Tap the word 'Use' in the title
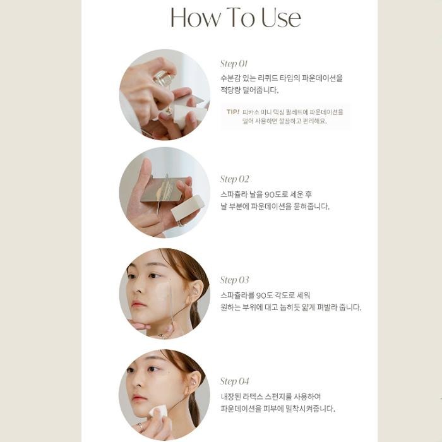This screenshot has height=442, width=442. click(x=282, y=18)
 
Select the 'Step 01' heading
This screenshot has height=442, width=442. click(x=234, y=64)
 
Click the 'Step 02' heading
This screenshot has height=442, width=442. click(x=234, y=179)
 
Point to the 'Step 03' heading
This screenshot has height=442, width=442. click(x=234, y=280)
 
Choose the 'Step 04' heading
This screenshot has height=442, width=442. click(x=234, y=381)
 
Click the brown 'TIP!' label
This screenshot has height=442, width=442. click(x=233, y=112)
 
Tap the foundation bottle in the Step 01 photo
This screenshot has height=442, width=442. click(x=164, y=78)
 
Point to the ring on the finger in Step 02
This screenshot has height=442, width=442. click(x=181, y=224)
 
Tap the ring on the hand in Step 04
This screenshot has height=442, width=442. click(x=140, y=426)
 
